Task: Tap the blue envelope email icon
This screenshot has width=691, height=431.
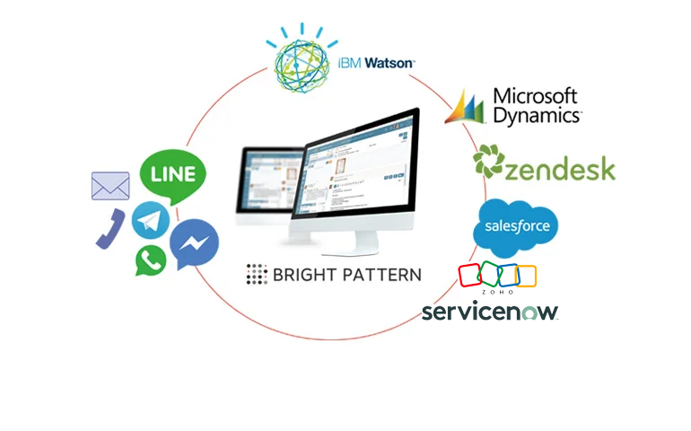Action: (110, 186)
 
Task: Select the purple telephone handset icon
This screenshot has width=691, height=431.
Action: (108, 228)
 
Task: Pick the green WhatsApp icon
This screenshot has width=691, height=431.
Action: (151, 260)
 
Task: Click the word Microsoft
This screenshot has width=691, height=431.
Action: (537, 96)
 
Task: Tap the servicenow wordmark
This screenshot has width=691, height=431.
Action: (490, 312)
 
